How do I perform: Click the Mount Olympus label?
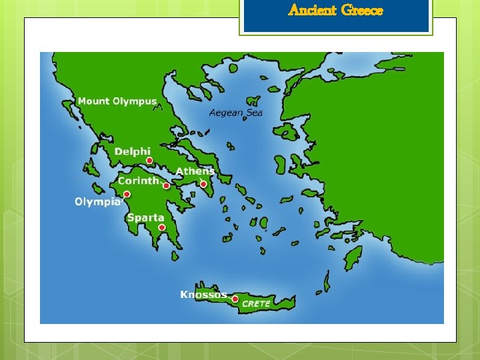coord(117,101)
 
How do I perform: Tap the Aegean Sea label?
coord(236,113)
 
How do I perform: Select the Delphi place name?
coord(133,152)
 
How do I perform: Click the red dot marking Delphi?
coord(149,161)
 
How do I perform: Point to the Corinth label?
coord(139,181)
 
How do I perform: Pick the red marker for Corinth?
coord(166,185)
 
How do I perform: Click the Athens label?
coord(195,171)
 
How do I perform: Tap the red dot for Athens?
coord(203,184)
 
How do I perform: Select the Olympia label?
coord(97,201)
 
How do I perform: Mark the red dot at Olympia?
coord(127,195)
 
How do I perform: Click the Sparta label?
coord(145,217)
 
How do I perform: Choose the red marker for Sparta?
coord(162,227)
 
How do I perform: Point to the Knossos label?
coord(203,295)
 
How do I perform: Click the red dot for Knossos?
coord(235,300)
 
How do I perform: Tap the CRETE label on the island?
coord(256,304)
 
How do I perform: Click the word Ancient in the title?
coord(312,10)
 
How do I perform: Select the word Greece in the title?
coord(362,10)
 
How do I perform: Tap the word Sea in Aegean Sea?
coord(255,113)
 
